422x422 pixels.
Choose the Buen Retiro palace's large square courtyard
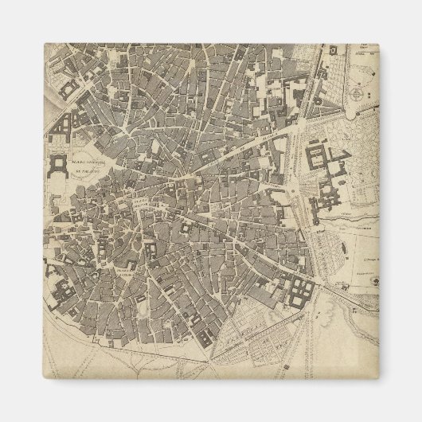coord(318,155)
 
